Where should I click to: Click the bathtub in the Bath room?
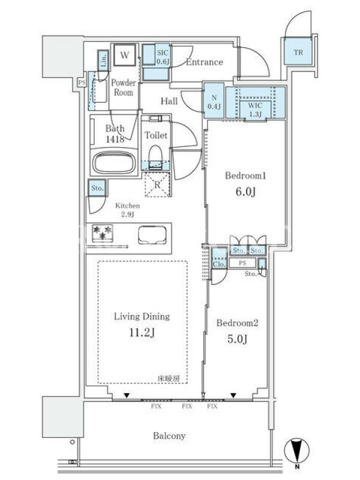[x=114, y=162]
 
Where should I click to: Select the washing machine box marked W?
[x=125, y=55]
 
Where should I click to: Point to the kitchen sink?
[x=152, y=235]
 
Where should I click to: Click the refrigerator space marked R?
[x=157, y=185]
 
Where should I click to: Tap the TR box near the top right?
[x=298, y=52]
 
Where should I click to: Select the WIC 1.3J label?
[x=254, y=110]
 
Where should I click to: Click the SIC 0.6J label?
[x=163, y=57]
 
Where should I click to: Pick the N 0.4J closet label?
[x=214, y=102]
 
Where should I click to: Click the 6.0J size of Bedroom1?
[x=245, y=191]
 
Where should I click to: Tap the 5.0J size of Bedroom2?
[x=237, y=339]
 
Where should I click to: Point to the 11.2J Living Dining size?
[x=142, y=332]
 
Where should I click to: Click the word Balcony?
[x=169, y=436]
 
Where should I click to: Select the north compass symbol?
[x=296, y=452]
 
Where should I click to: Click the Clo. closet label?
[x=219, y=263]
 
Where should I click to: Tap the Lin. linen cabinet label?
[x=103, y=61]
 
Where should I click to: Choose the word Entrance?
[x=205, y=62]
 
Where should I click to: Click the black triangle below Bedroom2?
[x=233, y=395]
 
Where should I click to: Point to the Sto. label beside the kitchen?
[x=97, y=188]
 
